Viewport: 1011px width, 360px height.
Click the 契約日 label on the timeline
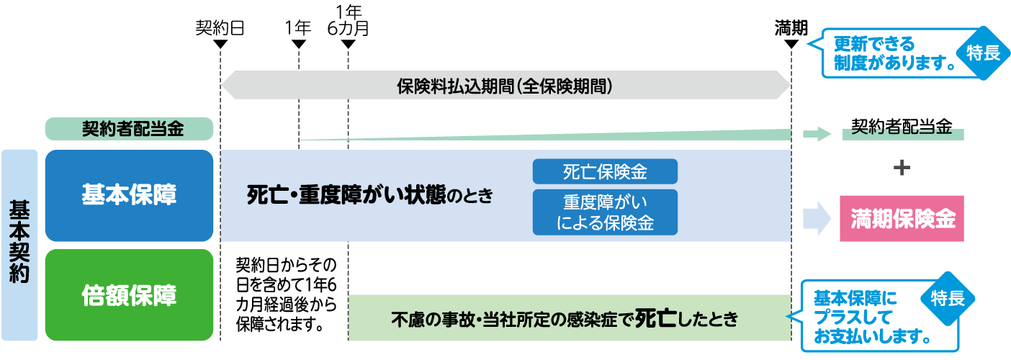click(220, 28)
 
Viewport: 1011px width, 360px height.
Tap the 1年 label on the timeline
click(298, 28)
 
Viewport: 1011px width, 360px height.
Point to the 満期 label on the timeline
click(791, 28)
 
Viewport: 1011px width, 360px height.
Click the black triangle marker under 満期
click(791, 45)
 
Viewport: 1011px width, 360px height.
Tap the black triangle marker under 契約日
click(221, 45)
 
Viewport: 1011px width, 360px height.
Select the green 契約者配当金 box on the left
click(130, 130)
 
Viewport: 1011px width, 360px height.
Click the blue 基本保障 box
click(130, 195)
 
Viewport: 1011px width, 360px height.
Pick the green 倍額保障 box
click(130, 294)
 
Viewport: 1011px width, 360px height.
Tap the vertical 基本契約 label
click(19, 245)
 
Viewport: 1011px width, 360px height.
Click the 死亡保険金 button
click(605, 171)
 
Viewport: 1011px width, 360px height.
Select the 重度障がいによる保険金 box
click(605, 212)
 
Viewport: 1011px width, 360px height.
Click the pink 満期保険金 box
click(902, 220)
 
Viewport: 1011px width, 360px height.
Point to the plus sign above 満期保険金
click(901, 168)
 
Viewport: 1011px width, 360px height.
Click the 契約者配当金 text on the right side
click(902, 127)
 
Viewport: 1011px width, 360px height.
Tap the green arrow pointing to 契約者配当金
click(817, 134)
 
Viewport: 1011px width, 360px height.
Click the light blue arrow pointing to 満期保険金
click(817, 219)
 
